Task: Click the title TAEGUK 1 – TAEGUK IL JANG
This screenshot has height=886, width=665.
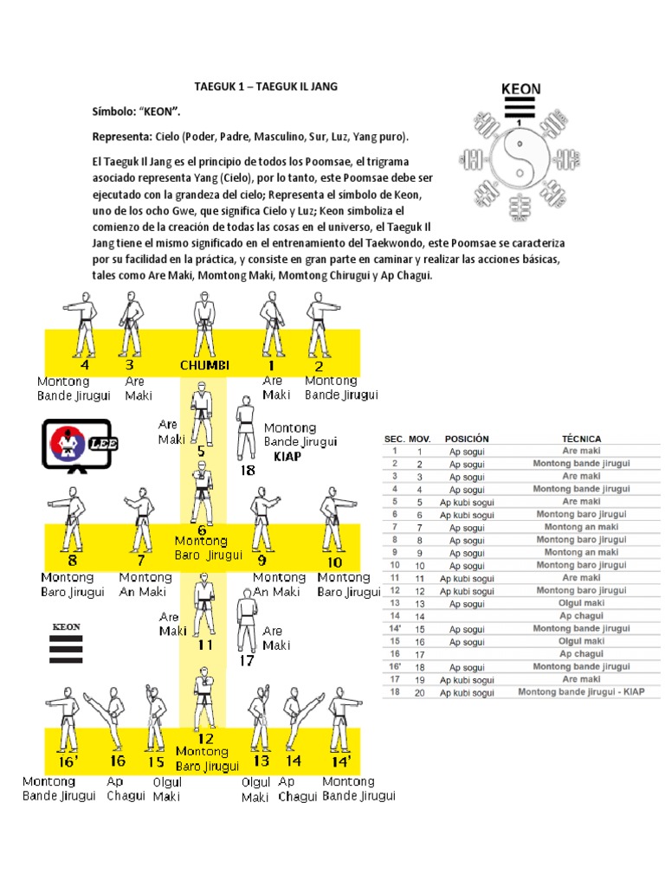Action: pos(265,87)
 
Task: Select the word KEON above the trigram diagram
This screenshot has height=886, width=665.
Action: pos(521,89)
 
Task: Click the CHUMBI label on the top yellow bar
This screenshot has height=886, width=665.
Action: pos(204,365)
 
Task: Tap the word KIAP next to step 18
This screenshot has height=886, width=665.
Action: pos(287,456)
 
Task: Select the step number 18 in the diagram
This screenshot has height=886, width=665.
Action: pos(248,471)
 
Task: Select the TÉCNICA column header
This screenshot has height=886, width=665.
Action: pos(581,439)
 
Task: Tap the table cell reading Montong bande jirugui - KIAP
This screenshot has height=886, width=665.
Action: pos(581,692)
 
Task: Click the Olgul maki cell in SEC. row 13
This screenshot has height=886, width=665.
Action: pos(581,603)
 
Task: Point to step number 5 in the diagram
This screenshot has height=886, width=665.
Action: pos(201,451)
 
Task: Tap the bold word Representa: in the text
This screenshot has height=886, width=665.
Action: pos(122,138)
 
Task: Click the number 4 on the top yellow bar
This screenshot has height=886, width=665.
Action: pos(84,352)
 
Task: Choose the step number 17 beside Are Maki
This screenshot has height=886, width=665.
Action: pos(247,661)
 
